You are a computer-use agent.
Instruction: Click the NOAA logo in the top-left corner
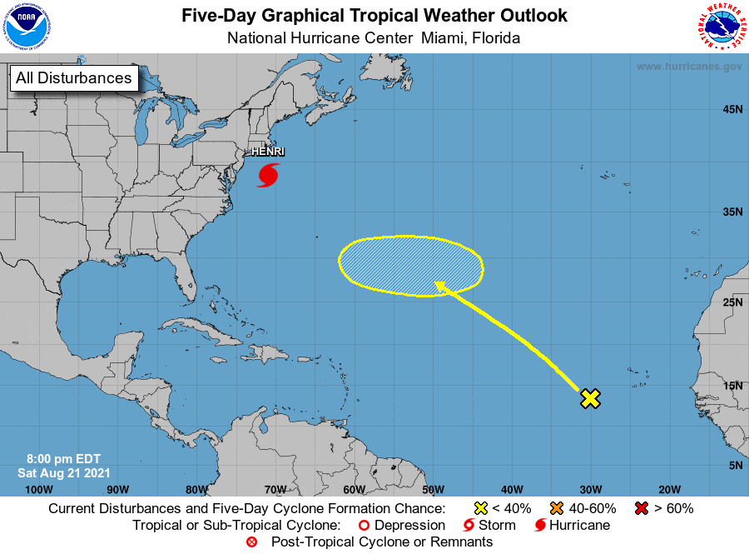pyautogui.click(x=27, y=27)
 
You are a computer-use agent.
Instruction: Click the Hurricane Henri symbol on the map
pyautogui.click(x=268, y=175)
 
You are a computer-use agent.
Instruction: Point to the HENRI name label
pyautogui.click(x=267, y=152)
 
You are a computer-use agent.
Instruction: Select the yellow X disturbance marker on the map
pyautogui.click(x=590, y=398)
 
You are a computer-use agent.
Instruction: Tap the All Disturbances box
pyautogui.click(x=73, y=78)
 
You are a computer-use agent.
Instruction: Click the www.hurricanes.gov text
pyautogui.click(x=688, y=66)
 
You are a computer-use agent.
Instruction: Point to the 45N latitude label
pyautogui.click(x=732, y=109)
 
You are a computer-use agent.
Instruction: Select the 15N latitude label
pyautogui.click(x=732, y=385)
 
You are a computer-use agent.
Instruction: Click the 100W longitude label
pyautogui.click(x=39, y=489)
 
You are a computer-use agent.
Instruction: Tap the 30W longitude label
pyautogui.click(x=591, y=489)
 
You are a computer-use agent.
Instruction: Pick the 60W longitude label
pyautogui.click(x=354, y=489)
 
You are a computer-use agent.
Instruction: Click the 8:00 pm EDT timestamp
pyautogui.click(x=63, y=459)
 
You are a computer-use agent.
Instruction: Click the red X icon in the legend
pyautogui.click(x=642, y=508)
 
